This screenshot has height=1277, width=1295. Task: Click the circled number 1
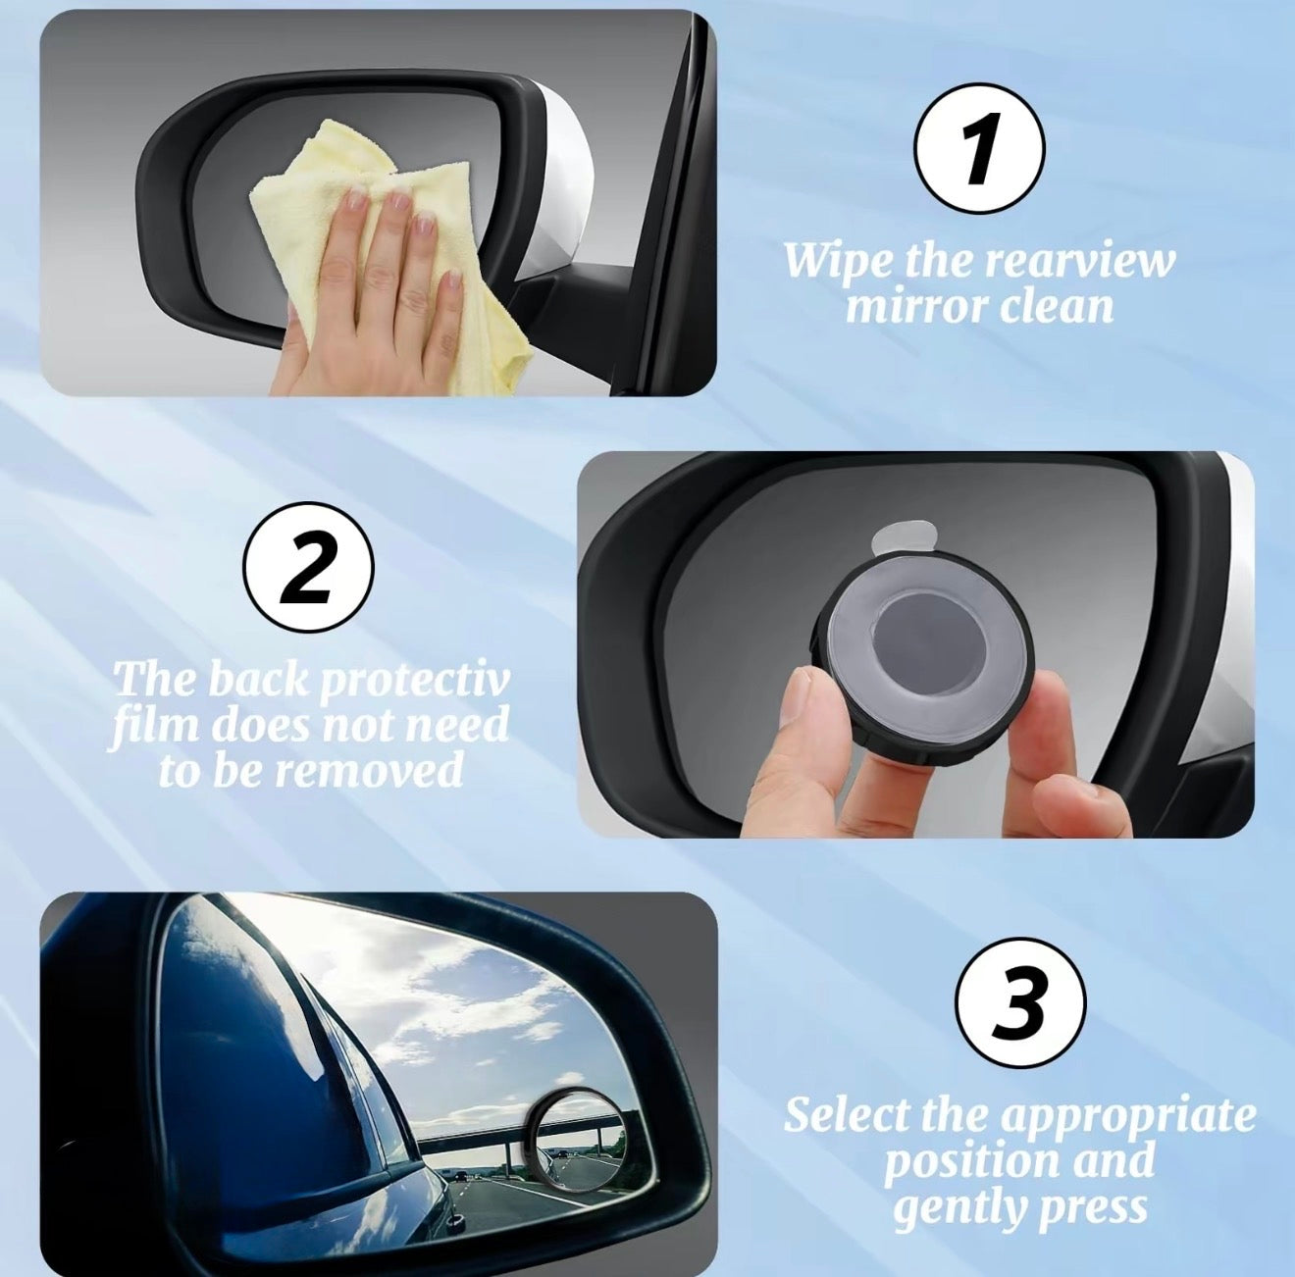point(979,148)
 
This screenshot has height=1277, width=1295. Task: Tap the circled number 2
point(308,567)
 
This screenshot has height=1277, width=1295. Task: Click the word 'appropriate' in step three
point(1127,1116)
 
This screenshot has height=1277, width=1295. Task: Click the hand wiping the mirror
point(373,294)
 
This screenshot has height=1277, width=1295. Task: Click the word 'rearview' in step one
point(1078,261)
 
